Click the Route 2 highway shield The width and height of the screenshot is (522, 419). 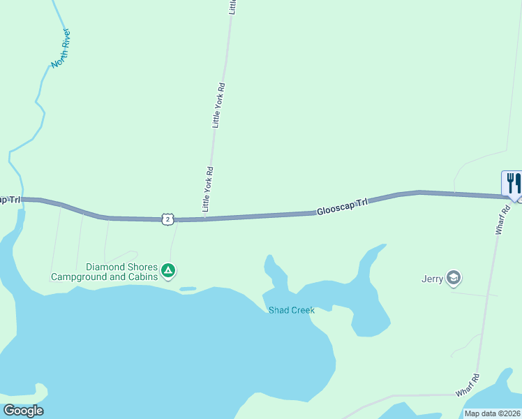pyautogui.click(x=166, y=219)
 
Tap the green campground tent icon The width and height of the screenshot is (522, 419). pyautogui.click(x=167, y=270)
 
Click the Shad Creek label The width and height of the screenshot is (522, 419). pyautogui.click(x=292, y=310)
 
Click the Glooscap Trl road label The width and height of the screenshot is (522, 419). pyautogui.click(x=342, y=207)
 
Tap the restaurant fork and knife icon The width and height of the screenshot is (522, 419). pyautogui.click(x=513, y=184)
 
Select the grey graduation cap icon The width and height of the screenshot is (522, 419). pyautogui.click(x=454, y=279)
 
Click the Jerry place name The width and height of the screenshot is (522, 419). pyautogui.click(x=433, y=279)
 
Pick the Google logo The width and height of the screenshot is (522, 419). pyautogui.click(x=23, y=411)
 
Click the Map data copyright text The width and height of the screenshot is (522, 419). pyautogui.click(x=492, y=413)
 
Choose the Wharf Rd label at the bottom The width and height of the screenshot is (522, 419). pyautogui.click(x=468, y=386)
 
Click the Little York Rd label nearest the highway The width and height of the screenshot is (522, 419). pyautogui.click(x=207, y=189)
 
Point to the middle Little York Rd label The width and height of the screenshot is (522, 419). pyautogui.click(x=218, y=105)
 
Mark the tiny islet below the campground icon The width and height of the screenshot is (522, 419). pyautogui.click(x=188, y=288)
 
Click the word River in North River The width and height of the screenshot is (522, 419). pyautogui.click(x=67, y=40)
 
